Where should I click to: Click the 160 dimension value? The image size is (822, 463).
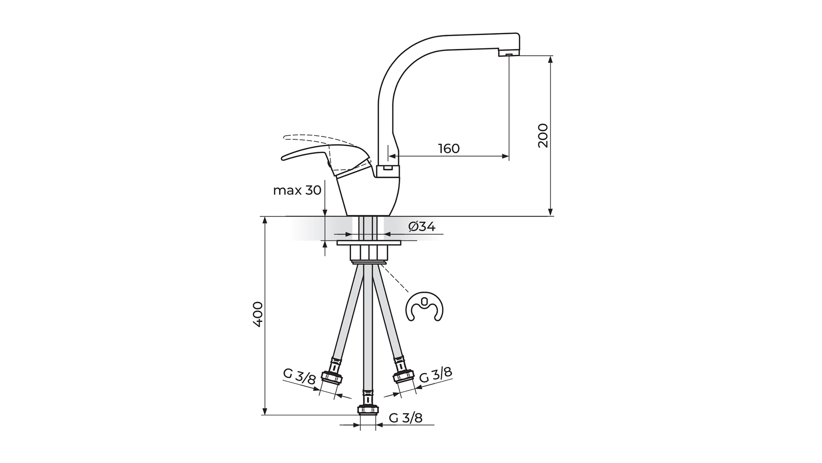(449, 148)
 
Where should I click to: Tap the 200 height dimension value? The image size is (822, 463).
(543, 135)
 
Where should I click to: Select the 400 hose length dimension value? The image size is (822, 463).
(257, 314)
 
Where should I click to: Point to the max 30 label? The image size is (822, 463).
(297, 190)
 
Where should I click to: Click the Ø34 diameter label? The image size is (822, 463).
(422, 226)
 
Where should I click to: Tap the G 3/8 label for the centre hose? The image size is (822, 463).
(406, 418)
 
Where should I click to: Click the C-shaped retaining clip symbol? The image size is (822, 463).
(424, 307)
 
